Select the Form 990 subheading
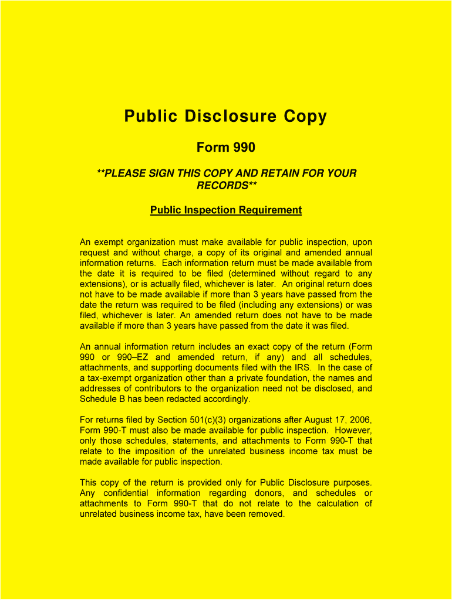(226, 148)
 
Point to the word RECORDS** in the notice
(226, 186)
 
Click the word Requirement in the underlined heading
(270, 210)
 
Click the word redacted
(176, 400)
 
